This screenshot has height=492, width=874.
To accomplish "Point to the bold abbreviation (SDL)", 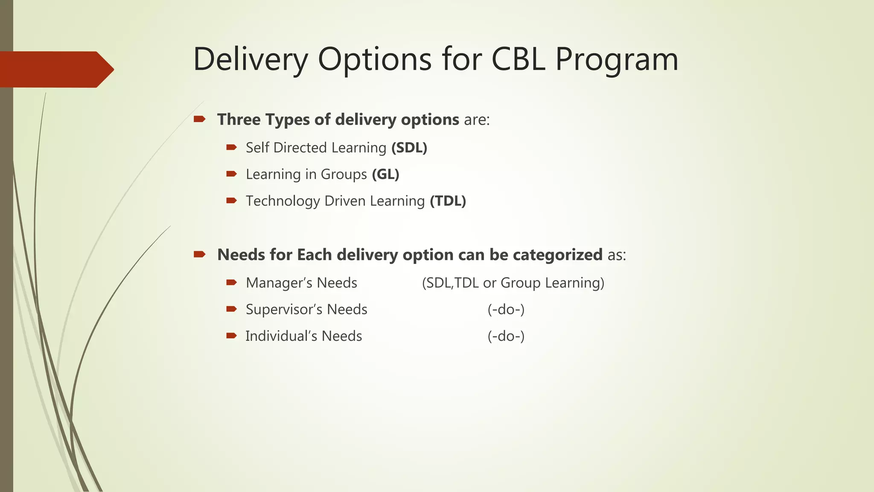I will click(409, 148).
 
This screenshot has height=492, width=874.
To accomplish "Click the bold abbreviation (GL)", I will click(385, 174).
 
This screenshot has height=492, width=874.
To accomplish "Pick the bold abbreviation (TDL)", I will click(448, 201).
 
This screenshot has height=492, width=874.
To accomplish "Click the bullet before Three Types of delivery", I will click(199, 119).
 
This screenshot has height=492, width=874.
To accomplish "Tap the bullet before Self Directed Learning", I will click(231, 147).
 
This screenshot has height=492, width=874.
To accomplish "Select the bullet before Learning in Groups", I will click(231, 174).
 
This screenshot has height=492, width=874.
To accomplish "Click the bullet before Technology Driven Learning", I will click(231, 200).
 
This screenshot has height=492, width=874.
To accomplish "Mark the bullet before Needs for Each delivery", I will click(199, 255).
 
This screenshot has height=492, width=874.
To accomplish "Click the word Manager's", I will click(279, 283).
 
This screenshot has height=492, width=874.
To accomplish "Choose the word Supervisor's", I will click(284, 309).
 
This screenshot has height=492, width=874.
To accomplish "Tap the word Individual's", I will click(281, 336).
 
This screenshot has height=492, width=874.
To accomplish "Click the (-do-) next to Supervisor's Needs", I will click(506, 309).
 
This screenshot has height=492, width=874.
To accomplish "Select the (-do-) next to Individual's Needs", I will click(506, 336).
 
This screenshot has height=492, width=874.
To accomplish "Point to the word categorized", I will click(557, 255).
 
